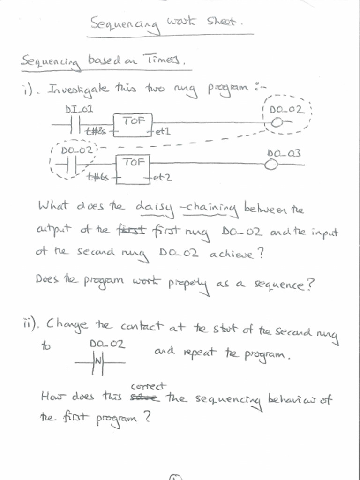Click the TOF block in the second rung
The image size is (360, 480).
point(133,168)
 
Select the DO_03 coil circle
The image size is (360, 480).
point(270,165)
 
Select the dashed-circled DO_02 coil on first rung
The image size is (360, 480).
point(277,123)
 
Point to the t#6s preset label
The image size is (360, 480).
point(98,177)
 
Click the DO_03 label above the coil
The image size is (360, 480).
point(284,153)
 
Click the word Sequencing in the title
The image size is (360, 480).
point(125,23)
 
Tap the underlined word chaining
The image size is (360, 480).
point(211,209)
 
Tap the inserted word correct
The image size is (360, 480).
point(148,386)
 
